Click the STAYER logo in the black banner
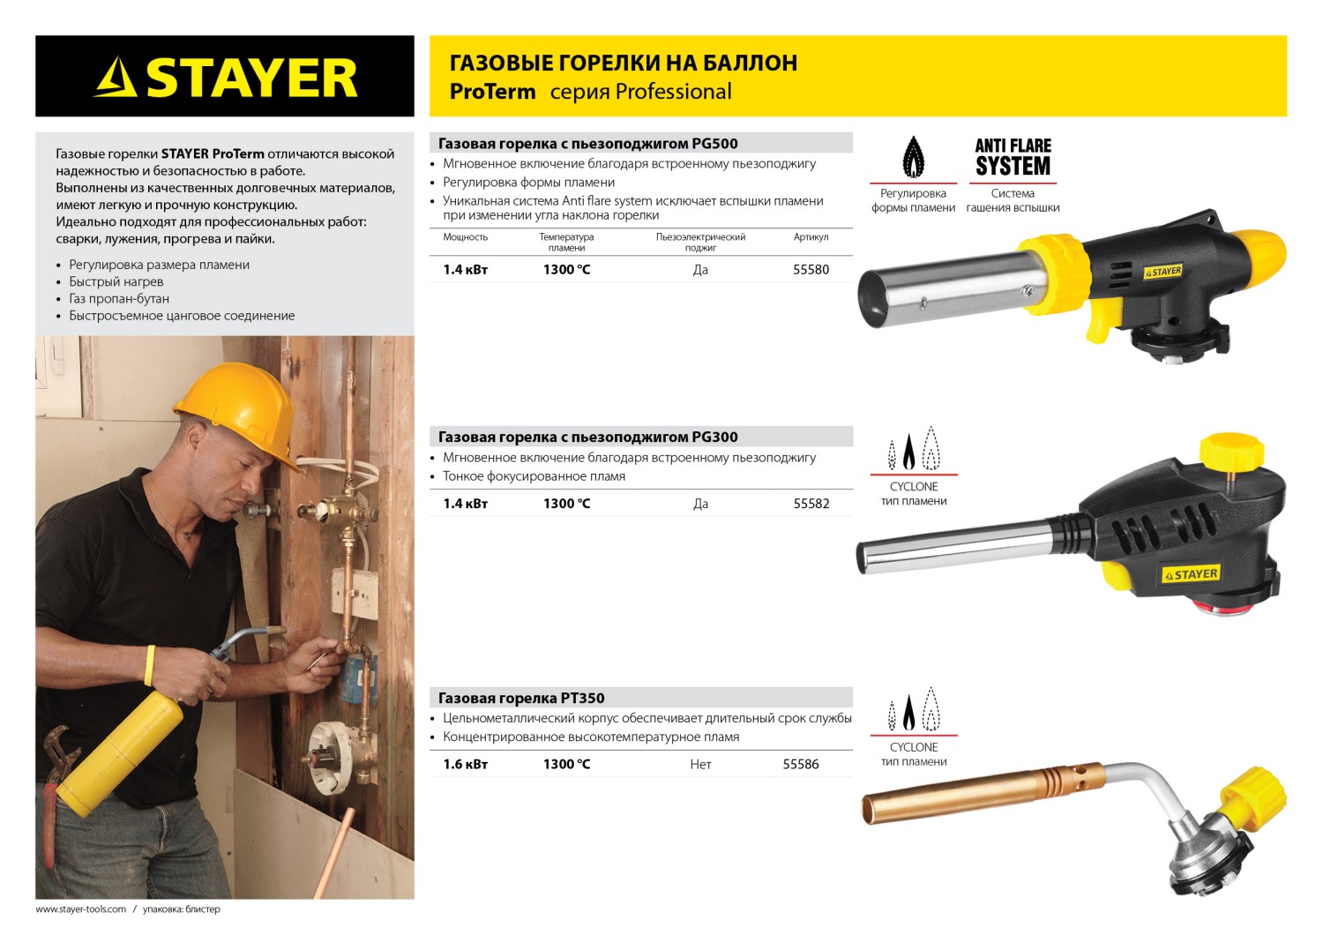226,77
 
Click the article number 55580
811,270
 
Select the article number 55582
811,504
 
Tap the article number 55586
800,764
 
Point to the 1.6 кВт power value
465,764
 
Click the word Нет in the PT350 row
700,764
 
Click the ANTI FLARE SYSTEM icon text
1013,158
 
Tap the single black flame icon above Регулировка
914,157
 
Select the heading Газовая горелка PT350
521,698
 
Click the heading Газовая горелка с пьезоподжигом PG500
587,144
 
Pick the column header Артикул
811,237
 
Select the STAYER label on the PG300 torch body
1192,574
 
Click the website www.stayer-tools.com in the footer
80,909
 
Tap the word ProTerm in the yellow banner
492,92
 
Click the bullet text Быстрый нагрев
116,281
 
